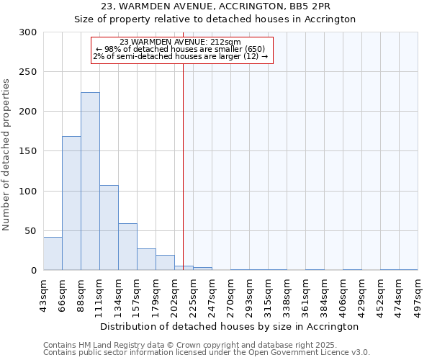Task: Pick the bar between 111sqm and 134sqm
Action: (109, 228)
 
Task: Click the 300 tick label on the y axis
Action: (28, 32)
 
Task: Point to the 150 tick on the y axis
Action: (28, 151)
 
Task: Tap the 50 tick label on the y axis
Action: (31, 231)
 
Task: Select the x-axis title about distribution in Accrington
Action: (230, 326)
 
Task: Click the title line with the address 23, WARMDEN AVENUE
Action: (215, 6)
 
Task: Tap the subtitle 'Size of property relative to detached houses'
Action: (215, 19)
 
